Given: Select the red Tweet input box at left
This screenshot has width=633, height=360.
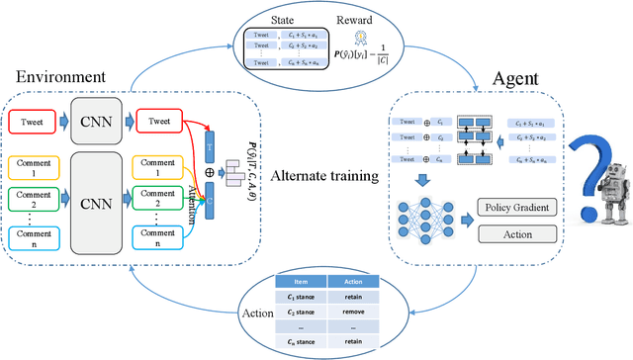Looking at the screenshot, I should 35,122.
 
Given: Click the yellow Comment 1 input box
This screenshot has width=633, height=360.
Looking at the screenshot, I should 35,166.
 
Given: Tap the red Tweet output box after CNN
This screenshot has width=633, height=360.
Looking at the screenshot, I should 161,122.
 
